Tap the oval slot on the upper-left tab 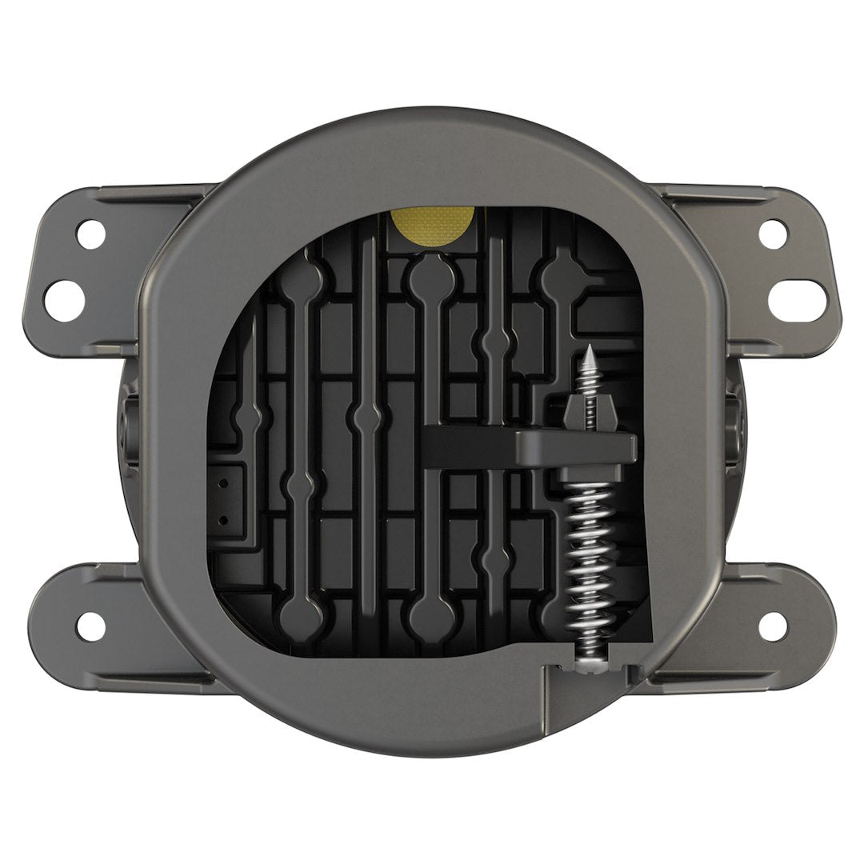coord(64,300)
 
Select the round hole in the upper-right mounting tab coord(772,233)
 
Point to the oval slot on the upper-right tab coord(798,300)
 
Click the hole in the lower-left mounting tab coord(90,626)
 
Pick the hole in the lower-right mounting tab coord(772,626)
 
